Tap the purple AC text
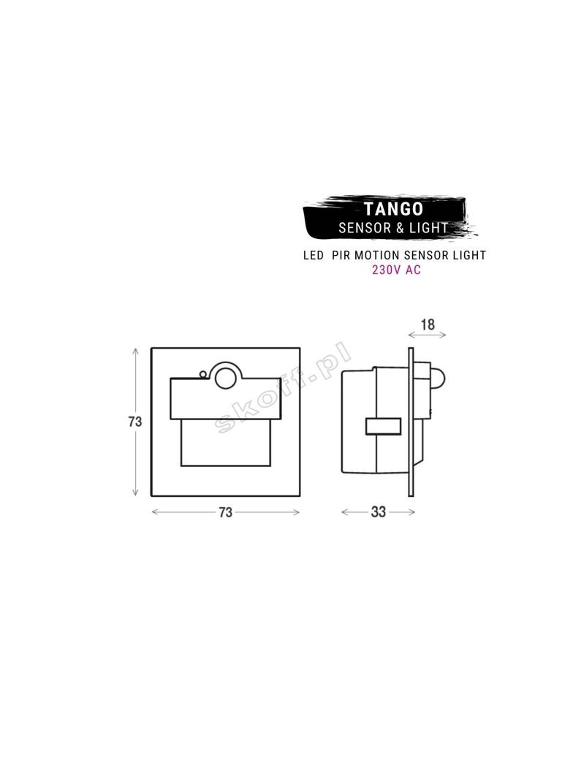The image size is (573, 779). pyautogui.click(x=412, y=269)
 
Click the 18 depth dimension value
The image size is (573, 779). pyautogui.click(x=428, y=324)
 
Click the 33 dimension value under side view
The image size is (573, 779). pyautogui.click(x=378, y=512)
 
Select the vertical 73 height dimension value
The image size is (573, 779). pyautogui.click(x=134, y=422)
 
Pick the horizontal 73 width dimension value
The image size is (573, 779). pyautogui.click(x=225, y=512)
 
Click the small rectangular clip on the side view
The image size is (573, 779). pyautogui.click(x=384, y=426)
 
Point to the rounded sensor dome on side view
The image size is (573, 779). pyautogui.click(x=437, y=378)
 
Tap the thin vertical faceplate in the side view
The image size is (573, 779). pyautogui.click(x=412, y=424)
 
